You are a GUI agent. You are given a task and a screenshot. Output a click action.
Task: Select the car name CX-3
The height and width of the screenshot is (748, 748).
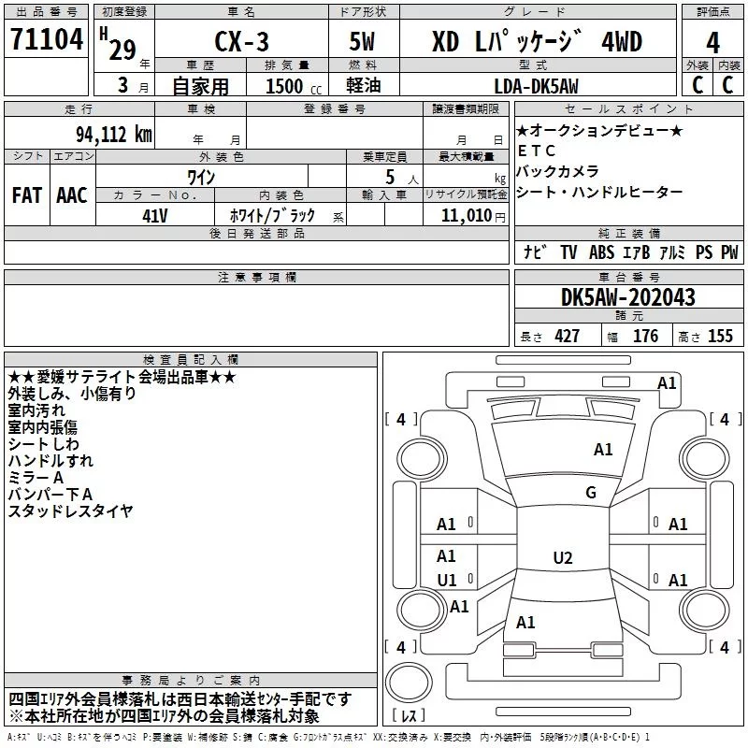tap(239, 41)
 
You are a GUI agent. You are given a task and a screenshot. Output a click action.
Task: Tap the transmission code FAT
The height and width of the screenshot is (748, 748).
tap(26, 194)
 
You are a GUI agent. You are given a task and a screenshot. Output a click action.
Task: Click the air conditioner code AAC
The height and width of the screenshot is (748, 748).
tap(72, 194)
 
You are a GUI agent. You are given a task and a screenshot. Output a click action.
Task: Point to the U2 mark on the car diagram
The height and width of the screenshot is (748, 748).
tap(562, 558)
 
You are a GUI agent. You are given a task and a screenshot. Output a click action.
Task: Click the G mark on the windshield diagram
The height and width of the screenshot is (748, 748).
tap(591, 493)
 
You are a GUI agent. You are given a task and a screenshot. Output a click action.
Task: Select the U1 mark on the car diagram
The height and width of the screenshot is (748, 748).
tap(447, 580)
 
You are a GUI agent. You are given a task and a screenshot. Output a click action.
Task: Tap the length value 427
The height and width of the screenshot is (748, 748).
tap(568, 336)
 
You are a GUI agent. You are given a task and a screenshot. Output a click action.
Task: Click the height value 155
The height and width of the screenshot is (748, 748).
tap(721, 336)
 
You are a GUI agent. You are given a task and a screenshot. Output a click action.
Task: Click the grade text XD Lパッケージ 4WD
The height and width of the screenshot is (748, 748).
tap(537, 41)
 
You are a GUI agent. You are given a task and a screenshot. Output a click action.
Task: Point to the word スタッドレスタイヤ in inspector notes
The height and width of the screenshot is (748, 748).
tap(71, 511)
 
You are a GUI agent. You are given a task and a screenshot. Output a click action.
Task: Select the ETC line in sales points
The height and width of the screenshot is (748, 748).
tap(536, 151)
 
